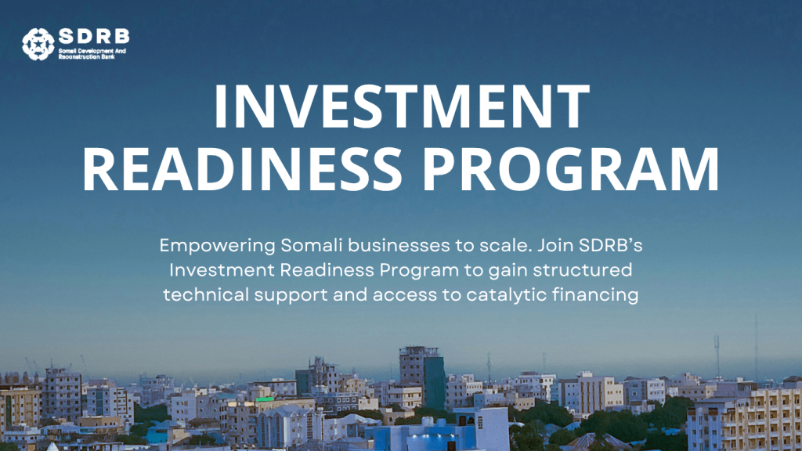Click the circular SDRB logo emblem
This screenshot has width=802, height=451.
(x=38, y=44)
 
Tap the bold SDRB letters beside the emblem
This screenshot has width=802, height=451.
(x=94, y=37)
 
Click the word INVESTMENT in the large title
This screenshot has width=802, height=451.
(x=402, y=106)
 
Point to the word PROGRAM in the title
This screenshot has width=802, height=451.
(x=571, y=170)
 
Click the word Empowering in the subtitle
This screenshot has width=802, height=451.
(x=218, y=246)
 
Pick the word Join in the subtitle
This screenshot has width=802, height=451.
(x=556, y=245)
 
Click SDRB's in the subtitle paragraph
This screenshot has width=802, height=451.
(x=611, y=245)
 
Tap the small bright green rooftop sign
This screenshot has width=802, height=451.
(x=265, y=399)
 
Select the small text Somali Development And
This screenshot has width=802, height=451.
(x=92, y=51)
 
